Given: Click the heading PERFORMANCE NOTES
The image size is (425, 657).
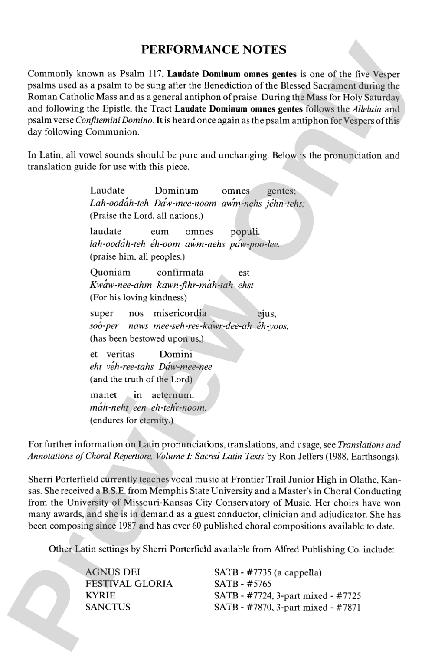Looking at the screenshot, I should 214,50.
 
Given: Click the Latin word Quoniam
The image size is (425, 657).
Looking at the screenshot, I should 110,273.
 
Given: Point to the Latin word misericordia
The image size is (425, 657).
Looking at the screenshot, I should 180,313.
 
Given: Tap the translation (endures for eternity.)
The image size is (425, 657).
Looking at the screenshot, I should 131,420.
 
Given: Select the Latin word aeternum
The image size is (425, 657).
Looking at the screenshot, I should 173,395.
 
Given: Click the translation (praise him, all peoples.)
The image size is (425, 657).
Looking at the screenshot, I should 137,256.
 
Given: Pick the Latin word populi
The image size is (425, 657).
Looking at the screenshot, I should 245,232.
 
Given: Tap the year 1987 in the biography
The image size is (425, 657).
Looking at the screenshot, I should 126,526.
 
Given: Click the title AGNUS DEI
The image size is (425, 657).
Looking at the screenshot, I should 113,572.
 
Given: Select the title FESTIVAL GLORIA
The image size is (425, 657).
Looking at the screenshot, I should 129,584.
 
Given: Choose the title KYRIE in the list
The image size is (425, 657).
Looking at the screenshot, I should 101,595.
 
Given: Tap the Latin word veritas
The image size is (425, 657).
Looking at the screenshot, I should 121,354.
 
